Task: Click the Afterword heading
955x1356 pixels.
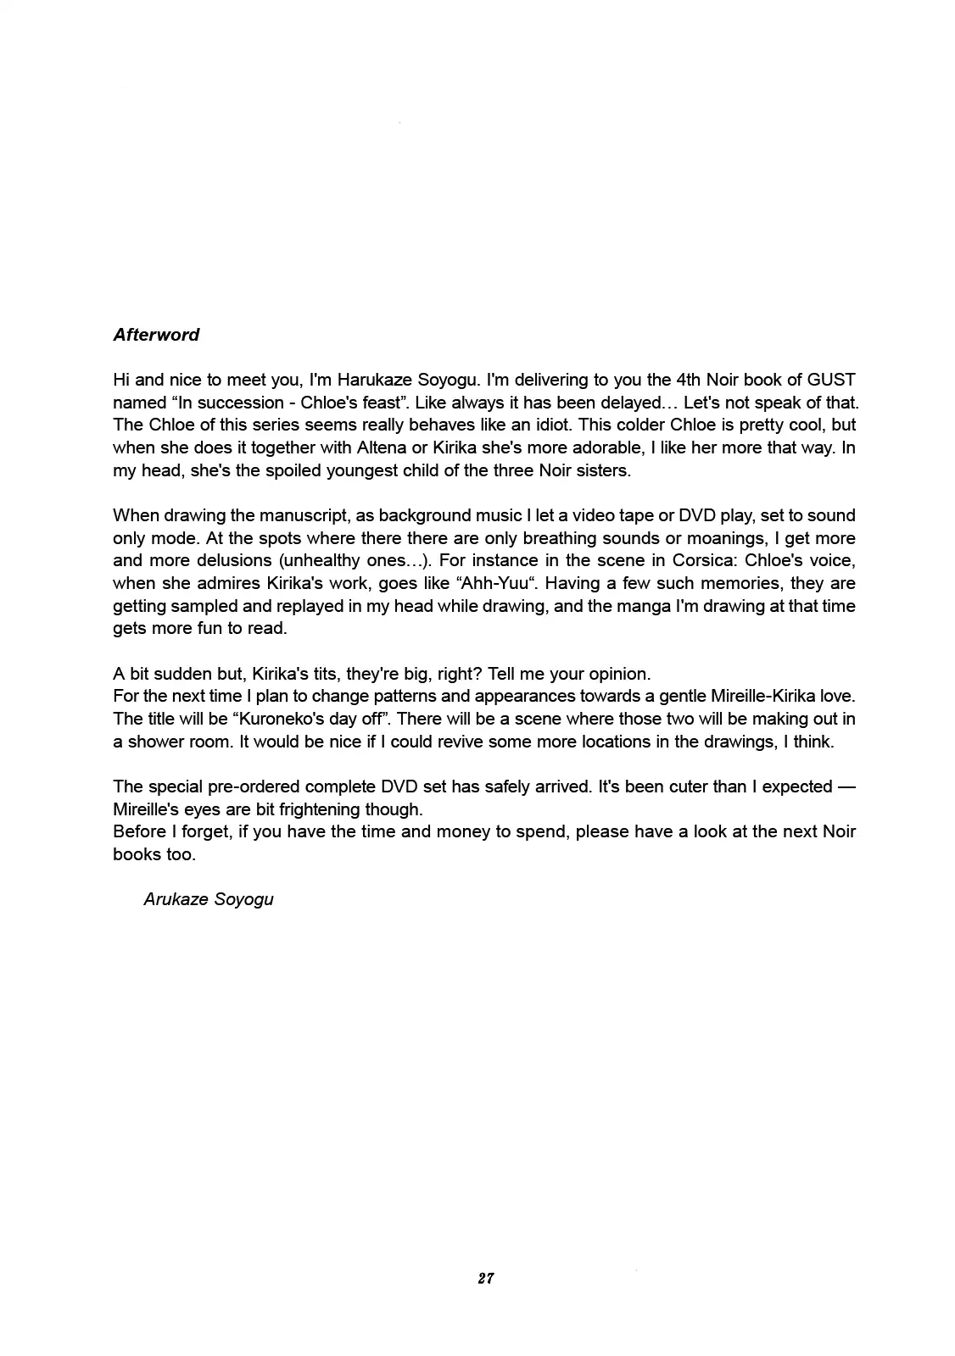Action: [156, 335]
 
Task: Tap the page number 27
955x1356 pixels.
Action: [485, 1278]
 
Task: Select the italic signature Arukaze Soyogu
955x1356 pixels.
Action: [209, 899]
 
